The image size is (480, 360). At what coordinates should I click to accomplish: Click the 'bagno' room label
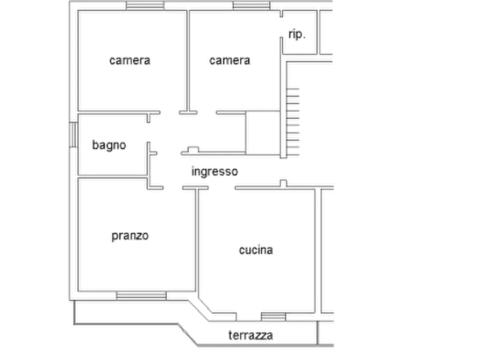(x=109, y=145)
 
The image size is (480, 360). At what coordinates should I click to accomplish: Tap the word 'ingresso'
(x=214, y=171)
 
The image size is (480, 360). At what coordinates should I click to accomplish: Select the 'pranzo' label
(x=130, y=236)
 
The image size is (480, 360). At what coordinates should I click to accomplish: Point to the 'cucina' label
(x=256, y=250)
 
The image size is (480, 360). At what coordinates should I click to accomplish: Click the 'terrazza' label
(x=250, y=335)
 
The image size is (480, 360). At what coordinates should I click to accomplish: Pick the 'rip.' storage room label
(x=297, y=34)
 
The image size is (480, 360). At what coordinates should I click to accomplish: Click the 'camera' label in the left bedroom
(x=130, y=60)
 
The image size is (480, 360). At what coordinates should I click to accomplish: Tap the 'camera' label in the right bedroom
(x=230, y=60)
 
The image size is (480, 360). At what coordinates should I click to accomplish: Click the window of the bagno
(x=74, y=135)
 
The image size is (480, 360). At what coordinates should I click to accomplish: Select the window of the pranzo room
(x=141, y=296)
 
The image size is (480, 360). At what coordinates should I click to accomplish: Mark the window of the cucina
(x=274, y=317)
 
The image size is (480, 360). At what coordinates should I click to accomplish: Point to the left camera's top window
(x=145, y=5)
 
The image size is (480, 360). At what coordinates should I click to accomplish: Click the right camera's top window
(x=252, y=5)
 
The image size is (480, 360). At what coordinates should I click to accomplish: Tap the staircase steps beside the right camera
(x=293, y=122)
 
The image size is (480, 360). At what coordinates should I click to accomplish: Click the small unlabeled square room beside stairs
(x=263, y=133)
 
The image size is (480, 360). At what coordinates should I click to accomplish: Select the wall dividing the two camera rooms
(x=188, y=61)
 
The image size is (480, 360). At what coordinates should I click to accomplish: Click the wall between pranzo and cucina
(x=197, y=240)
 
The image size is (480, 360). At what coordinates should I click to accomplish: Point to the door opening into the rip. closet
(x=281, y=27)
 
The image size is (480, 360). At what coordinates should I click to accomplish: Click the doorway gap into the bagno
(x=148, y=132)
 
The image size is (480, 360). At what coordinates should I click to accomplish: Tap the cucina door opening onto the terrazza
(x=248, y=317)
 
